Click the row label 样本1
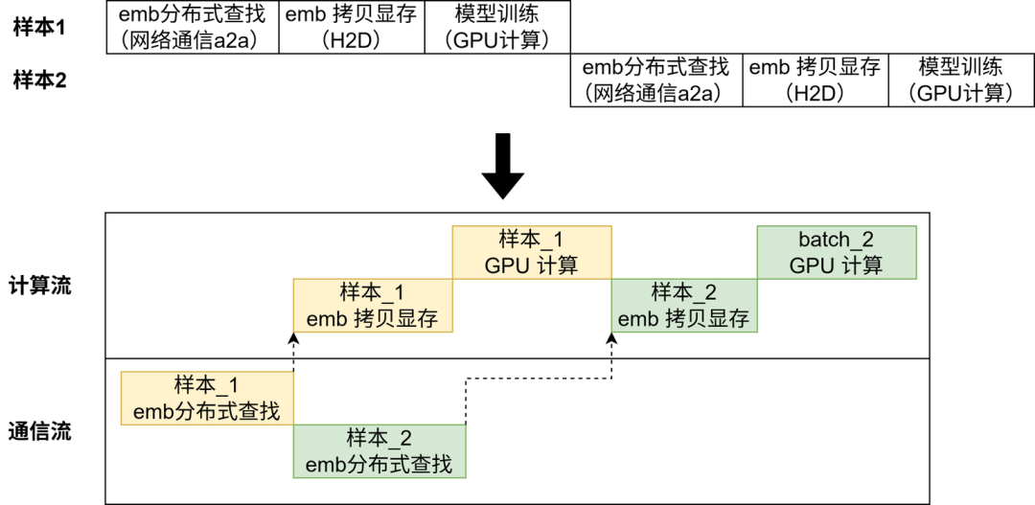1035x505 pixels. coord(39,27)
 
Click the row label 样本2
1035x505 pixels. coord(39,80)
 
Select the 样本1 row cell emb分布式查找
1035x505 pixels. coord(192,27)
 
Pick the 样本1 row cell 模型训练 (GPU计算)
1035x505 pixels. coord(496,27)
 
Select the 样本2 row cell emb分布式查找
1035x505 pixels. coord(656,80)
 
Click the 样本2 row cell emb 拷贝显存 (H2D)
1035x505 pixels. coord(815,80)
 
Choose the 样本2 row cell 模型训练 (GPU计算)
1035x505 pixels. coord(961,80)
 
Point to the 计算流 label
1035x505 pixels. coord(39,285)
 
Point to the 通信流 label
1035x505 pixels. coord(39,430)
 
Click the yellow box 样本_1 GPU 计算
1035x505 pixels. coord(532,252)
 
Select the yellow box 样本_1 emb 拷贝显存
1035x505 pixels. coord(372,305)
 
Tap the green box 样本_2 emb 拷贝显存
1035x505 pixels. coord(684,305)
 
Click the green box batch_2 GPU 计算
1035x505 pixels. coord(837,252)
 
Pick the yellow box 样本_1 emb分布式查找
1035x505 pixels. coord(207,398)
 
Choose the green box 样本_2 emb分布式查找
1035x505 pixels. coord(379,451)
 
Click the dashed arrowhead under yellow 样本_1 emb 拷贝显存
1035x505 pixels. coord(293,337)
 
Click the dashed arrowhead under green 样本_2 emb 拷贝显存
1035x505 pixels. coord(611,337)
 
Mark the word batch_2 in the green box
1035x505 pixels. coord(837,240)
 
